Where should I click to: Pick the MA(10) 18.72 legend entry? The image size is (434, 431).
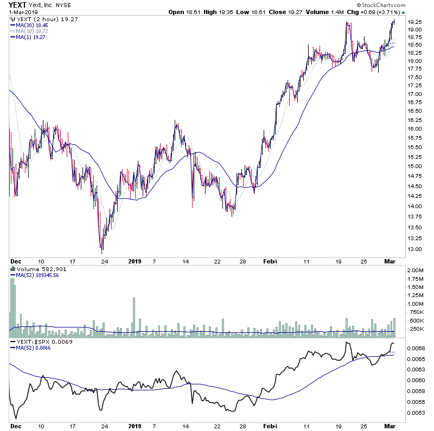[31, 31]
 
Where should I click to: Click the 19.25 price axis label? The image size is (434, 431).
[416, 22]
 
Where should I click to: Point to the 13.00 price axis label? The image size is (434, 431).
[416, 249]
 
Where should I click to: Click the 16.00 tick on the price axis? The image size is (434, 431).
[416, 129]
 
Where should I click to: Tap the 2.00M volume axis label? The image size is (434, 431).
[416, 270]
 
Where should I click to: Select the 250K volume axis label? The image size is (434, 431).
[416, 329]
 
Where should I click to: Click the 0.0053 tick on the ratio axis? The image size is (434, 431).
[416, 412]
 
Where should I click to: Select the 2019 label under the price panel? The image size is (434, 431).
[135, 261]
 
